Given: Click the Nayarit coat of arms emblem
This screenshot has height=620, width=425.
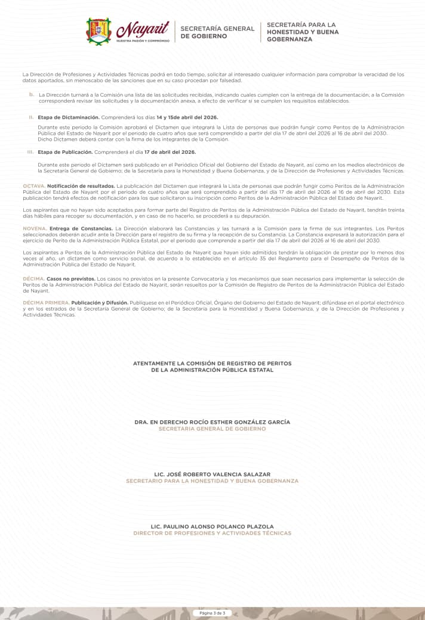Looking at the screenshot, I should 99,31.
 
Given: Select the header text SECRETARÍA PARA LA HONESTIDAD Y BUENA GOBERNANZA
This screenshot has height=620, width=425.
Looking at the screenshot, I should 302,32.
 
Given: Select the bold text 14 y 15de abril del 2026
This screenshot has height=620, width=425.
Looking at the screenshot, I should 187,117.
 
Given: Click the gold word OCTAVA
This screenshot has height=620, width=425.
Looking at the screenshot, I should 33,187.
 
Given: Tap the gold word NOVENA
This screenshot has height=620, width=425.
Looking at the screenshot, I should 34,229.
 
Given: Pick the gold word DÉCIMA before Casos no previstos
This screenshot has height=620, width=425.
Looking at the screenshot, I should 33,278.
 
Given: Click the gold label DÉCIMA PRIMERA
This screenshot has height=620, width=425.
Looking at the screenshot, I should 46,303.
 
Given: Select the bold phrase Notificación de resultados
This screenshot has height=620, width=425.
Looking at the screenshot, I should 81,187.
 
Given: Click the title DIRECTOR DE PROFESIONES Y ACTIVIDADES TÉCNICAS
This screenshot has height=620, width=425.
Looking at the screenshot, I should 213,533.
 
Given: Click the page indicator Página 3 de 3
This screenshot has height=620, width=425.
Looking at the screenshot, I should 213,613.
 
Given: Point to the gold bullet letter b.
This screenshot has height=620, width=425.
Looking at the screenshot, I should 31,94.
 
